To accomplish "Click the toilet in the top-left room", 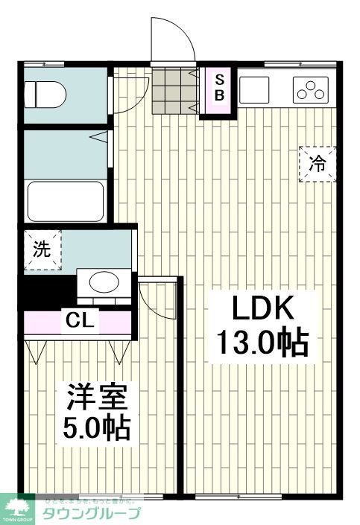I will point(45,95).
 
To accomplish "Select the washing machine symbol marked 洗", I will point(41,250).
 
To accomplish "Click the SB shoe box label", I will point(220,88).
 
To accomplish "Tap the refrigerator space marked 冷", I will point(318,164).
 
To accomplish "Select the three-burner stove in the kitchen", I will point(311,89).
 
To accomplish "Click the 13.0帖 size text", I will point(262,343).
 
